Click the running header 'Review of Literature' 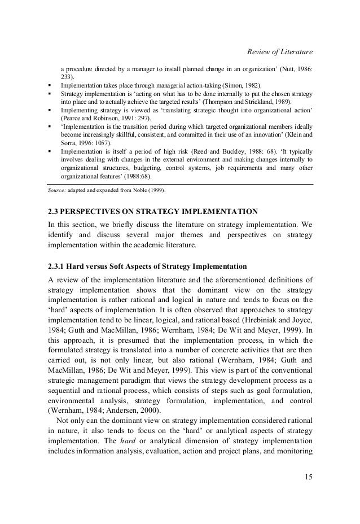point(280,53)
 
